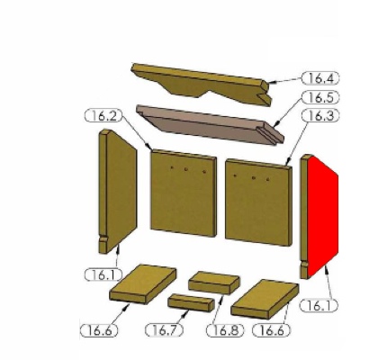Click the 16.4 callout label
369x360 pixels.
320,78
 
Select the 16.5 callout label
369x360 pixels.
320,97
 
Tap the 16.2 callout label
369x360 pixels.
103,116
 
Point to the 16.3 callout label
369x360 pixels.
320,115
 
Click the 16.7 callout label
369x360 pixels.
164,330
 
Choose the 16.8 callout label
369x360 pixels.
225,330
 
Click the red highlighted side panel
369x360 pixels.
322,216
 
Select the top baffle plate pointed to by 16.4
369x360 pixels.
201,83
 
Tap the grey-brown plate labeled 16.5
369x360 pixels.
210,124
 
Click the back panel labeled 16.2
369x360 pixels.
184,193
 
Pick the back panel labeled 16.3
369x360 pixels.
258,202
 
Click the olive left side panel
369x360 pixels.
118,191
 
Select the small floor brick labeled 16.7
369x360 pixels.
191,302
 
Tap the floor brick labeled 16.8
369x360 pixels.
214,283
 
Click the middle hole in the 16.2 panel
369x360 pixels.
186,169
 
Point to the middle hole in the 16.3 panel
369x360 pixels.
254,178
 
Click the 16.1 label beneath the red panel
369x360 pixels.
319,305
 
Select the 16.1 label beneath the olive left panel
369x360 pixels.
103,274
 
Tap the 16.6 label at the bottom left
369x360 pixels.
99,330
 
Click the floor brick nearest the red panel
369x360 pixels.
265,299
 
